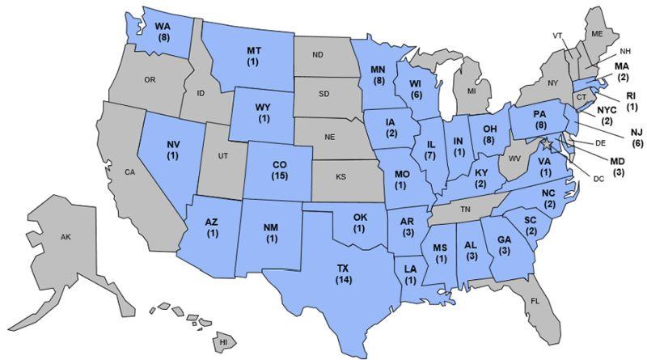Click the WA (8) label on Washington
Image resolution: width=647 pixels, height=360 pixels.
(x=162, y=32)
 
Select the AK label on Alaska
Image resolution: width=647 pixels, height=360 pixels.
(x=66, y=237)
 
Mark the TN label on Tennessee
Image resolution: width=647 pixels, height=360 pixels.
(x=465, y=208)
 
